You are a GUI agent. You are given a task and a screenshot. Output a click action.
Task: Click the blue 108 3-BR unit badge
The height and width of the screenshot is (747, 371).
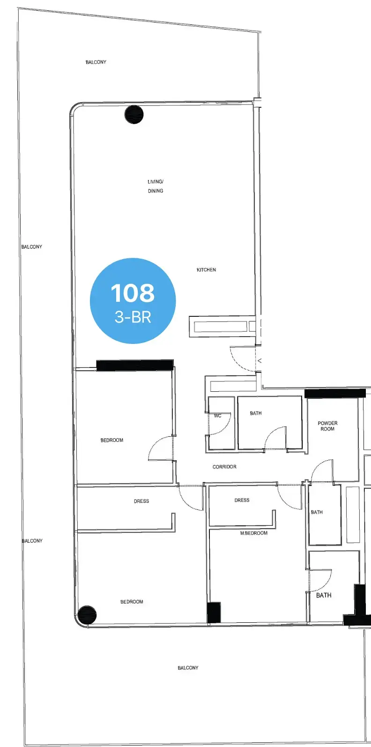(133, 300)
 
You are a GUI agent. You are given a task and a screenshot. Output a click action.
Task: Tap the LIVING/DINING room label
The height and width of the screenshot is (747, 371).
(156, 187)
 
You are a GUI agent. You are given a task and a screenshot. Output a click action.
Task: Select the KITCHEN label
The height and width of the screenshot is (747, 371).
(206, 270)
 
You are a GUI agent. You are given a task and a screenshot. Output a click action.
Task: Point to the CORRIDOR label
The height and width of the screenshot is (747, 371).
(224, 467)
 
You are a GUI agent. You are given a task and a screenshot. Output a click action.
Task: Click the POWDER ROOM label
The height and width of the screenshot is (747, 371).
(327, 426)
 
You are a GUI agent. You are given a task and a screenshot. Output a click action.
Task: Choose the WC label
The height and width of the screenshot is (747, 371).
(218, 416)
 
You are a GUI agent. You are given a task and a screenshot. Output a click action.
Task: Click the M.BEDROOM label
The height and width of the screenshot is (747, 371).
(254, 533)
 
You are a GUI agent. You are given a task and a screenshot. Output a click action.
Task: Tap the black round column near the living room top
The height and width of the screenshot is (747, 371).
(134, 114)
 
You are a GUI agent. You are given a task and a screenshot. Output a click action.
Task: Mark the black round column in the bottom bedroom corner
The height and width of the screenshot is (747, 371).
(87, 615)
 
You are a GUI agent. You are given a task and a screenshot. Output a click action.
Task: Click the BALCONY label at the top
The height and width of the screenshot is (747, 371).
(96, 62)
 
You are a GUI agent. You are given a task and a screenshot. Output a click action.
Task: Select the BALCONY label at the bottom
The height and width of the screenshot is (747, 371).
(188, 668)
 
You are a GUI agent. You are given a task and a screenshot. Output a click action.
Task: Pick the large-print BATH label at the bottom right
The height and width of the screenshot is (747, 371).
(324, 595)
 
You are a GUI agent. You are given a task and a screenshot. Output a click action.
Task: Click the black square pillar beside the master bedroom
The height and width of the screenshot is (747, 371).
(214, 613)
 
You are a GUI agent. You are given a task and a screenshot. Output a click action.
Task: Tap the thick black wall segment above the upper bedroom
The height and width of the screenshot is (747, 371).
(135, 365)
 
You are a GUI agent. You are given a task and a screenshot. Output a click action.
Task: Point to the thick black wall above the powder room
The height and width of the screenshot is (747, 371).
(335, 393)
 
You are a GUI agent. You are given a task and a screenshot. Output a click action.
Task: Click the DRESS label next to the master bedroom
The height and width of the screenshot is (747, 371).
(242, 500)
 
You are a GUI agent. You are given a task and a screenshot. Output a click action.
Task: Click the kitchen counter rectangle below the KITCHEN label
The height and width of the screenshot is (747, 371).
(220, 327)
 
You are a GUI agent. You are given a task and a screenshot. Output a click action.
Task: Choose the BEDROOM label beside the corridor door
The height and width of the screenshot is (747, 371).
(112, 440)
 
